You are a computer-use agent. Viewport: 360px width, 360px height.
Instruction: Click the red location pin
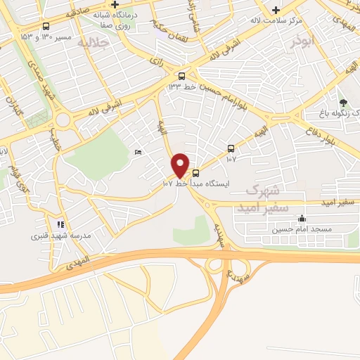tap(181, 165)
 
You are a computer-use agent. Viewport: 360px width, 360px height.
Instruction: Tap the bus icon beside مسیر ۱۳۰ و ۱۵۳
tap(46, 27)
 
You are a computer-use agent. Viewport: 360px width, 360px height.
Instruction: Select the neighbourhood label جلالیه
tap(95, 43)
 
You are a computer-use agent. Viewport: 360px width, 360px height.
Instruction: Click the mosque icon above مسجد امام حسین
tap(302, 218)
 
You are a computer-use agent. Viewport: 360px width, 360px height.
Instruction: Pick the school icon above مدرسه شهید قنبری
tap(61, 224)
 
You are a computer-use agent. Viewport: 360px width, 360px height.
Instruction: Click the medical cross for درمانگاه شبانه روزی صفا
tap(115, 5)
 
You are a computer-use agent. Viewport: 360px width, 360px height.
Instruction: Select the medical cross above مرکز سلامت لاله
tap(276, 10)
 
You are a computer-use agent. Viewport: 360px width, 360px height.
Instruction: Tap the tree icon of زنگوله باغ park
tap(343, 103)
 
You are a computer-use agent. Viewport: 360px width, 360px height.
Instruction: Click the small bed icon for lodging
tap(138, 152)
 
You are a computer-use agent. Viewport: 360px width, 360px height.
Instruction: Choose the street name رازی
tap(156, 62)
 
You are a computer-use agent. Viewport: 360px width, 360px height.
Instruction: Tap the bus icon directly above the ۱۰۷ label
tap(231, 148)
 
